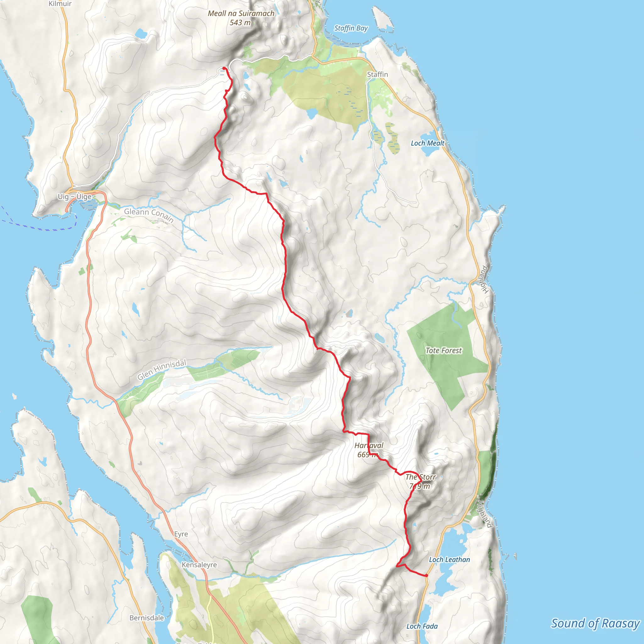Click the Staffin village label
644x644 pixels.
click(x=377, y=74)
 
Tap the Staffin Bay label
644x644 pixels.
click(x=351, y=28)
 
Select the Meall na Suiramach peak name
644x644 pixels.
click(x=241, y=13)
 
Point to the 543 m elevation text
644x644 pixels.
click(x=240, y=23)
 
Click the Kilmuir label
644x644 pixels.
click(x=60, y=4)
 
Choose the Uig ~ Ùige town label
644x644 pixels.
click(x=75, y=197)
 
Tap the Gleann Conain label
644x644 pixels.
click(x=149, y=215)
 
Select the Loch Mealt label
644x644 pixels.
click(x=427, y=143)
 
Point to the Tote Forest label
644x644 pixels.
click(x=444, y=350)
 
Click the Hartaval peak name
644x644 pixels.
click(x=369, y=445)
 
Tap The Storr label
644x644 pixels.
click(x=421, y=477)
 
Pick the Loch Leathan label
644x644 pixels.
click(x=449, y=560)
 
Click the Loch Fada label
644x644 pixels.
click(x=422, y=626)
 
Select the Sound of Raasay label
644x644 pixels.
click(x=595, y=623)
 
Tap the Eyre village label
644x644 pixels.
click(x=181, y=534)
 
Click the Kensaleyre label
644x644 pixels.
click(x=199, y=565)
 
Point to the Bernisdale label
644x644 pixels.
click(x=147, y=618)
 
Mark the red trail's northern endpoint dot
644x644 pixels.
click(x=224, y=68)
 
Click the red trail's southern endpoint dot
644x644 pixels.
click(x=426, y=575)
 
